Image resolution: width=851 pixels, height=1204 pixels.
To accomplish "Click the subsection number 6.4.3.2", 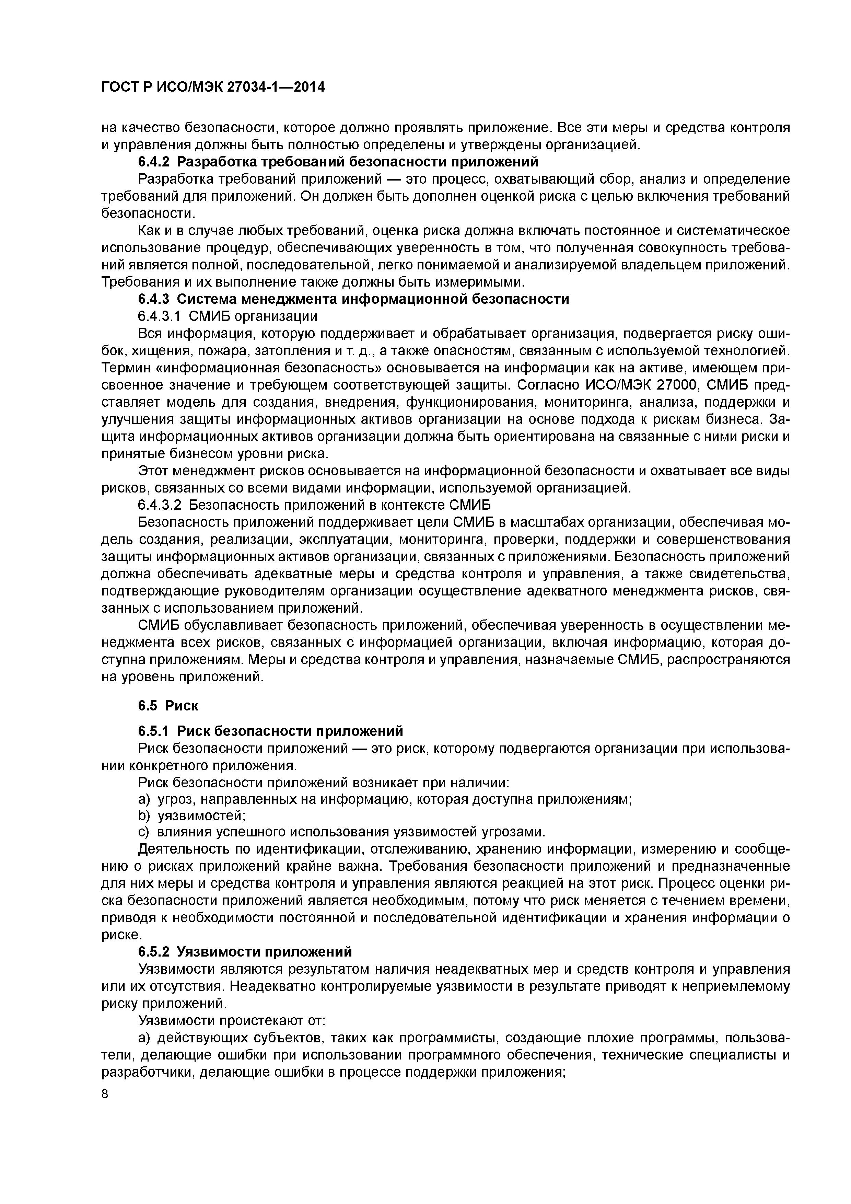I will [160, 505].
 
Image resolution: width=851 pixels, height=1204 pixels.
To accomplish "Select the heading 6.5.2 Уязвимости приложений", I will [245, 952].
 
